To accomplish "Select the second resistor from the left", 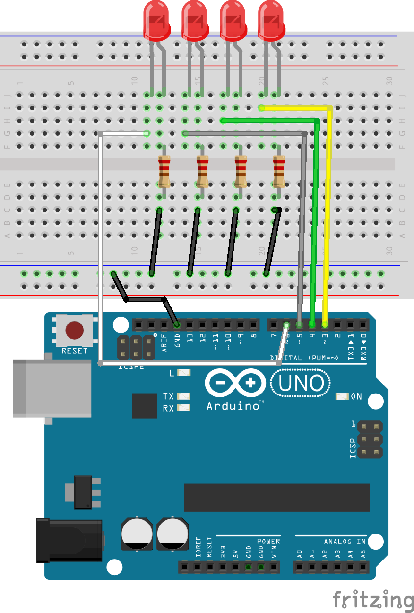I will [x=203, y=171].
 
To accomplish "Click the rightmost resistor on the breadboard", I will [x=279, y=171].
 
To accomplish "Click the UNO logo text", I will [x=301, y=383].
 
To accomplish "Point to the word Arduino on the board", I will [x=232, y=406].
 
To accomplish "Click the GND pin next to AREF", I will [x=177, y=325].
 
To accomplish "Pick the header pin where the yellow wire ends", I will [x=325, y=325].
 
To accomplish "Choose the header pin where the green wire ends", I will [x=312, y=325].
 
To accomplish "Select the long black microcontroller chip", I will [x=276, y=497].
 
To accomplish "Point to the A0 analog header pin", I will [x=299, y=567].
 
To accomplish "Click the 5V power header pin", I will [x=235, y=567].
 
